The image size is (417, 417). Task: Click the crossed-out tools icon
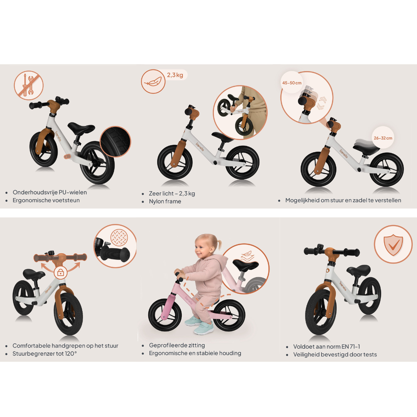coord(29,85)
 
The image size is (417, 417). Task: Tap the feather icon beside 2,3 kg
coord(153,81)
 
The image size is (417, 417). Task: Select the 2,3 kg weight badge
coord(175,75)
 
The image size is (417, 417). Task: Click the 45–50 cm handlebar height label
coord(292,83)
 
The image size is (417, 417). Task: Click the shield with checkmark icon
coord(393,244)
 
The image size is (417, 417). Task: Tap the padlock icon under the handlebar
coord(60,273)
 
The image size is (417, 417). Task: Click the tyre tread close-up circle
coord(115,142)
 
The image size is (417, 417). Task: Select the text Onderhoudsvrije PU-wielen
coord(49,192)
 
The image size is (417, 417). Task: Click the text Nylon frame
coord(165,201)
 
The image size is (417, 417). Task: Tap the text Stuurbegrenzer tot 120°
coord(45,354)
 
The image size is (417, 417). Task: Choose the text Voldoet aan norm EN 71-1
coord(327,347)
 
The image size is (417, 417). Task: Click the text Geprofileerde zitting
coord(177,345)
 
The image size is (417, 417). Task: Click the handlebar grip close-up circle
coord(115,246)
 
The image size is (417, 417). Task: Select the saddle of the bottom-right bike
coord(359,270)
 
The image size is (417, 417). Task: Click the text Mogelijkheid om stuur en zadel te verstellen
coord(343,200)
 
